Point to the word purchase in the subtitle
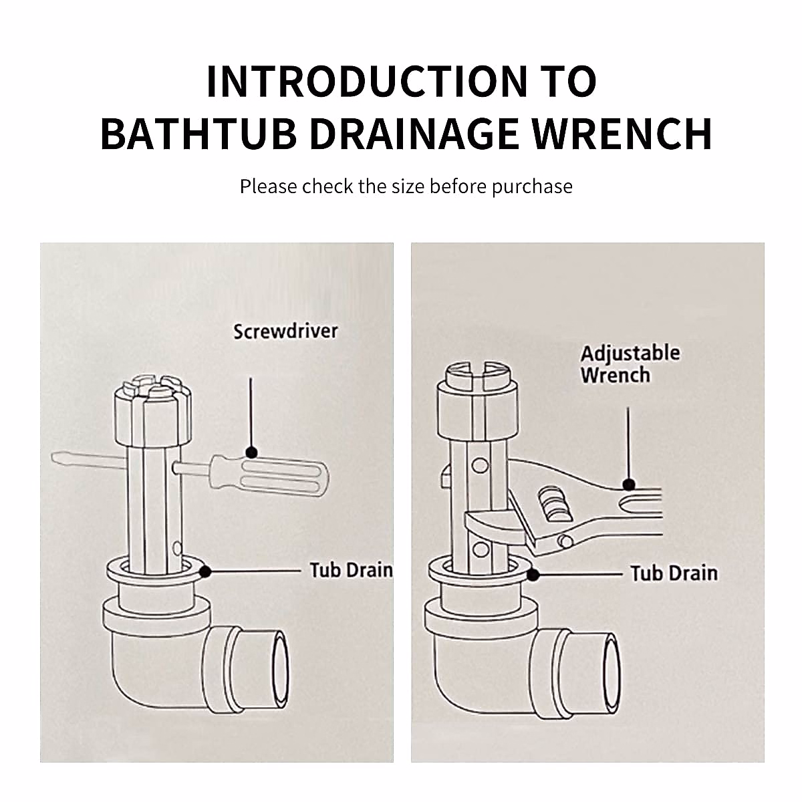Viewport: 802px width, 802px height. pos(532,186)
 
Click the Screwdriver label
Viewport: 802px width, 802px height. pos(285,330)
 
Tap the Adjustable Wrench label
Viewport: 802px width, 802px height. pos(630,364)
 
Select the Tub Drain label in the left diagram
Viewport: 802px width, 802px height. pos(351,570)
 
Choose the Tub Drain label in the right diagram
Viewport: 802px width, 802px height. pos(674,573)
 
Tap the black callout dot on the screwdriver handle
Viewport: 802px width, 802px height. pos(251,452)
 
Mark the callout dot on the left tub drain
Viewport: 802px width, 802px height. pos(205,571)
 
